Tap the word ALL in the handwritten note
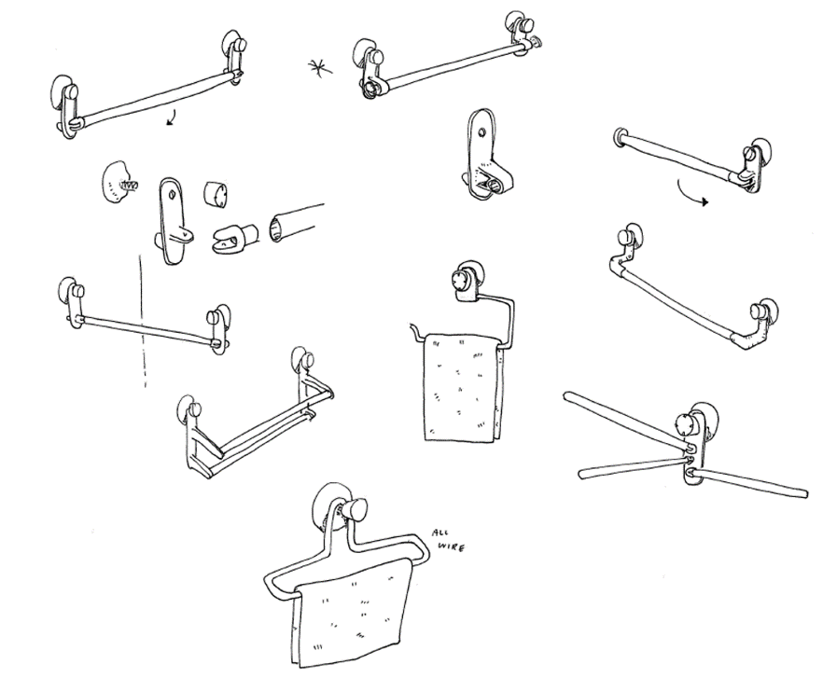click(x=440, y=534)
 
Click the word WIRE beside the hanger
click(x=452, y=547)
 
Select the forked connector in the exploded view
click(x=235, y=241)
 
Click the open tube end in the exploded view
click(x=280, y=226)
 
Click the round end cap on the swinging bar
click(x=619, y=137)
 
